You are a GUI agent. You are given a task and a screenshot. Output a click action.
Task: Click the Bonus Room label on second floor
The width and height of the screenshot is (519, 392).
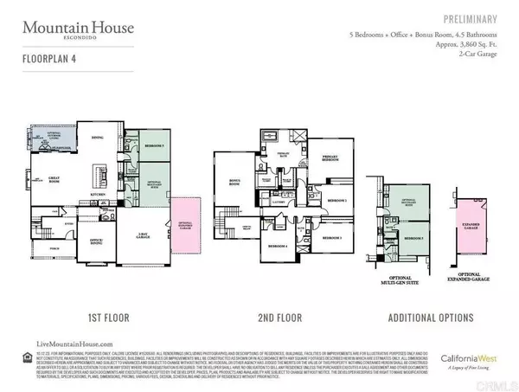pos(232,182)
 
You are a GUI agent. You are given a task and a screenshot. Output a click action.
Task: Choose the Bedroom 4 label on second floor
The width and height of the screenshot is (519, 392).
pos(279,247)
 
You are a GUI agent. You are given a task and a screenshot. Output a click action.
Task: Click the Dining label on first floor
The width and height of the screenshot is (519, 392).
pos(98,137)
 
